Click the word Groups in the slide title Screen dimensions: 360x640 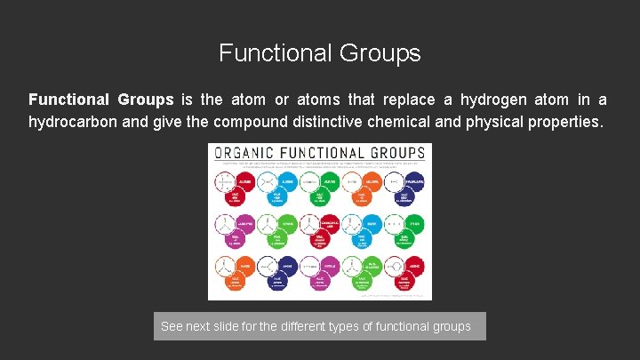coord(380,53)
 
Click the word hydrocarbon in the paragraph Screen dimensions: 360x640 coord(75,121)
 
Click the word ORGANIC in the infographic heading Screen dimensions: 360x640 coord(243,153)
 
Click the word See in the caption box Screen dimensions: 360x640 coord(172,327)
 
